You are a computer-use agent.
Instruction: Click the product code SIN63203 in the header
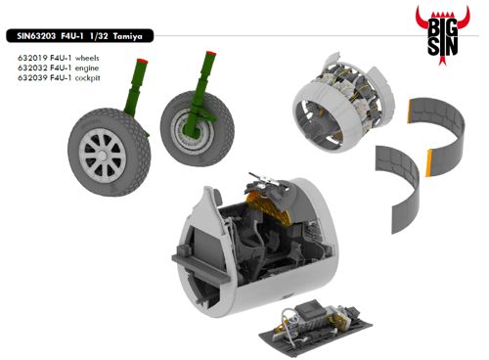click(36, 36)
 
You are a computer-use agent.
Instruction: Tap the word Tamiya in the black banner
click(128, 36)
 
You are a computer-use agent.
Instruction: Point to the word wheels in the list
click(87, 59)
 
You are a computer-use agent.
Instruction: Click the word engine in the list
click(87, 68)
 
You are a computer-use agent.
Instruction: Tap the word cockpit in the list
click(87, 78)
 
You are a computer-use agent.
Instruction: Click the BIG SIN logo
click(442, 35)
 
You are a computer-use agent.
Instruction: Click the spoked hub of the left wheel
click(103, 156)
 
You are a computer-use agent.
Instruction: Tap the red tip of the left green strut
click(143, 61)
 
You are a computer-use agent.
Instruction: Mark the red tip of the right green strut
click(211, 53)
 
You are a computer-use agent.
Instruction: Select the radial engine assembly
click(343, 103)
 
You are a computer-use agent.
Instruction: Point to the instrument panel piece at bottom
click(315, 329)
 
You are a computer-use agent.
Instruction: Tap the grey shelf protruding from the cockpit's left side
click(200, 267)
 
